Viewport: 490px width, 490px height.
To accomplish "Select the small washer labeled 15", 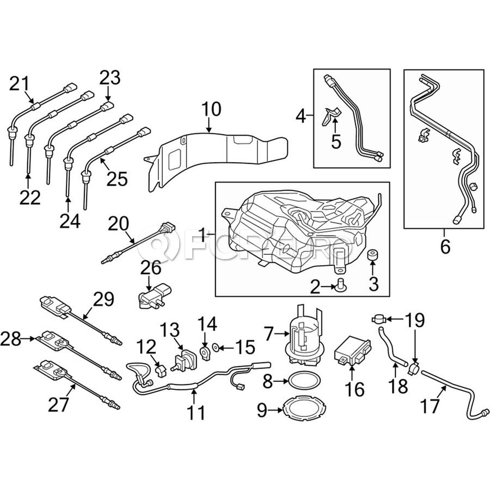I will pyautogui.click(x=217, y=345).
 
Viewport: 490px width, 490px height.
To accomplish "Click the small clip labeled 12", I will pyautogui.click(x=160, y=371).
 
